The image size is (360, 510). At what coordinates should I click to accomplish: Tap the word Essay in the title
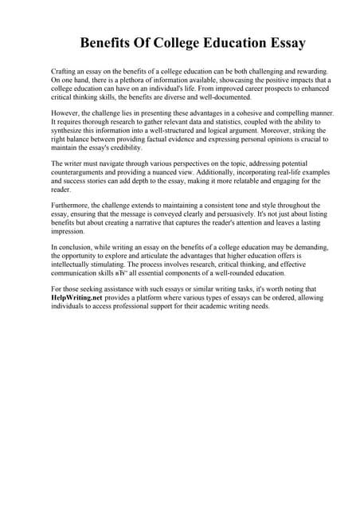point(284,42)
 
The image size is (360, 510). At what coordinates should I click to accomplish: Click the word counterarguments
point(80,173)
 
